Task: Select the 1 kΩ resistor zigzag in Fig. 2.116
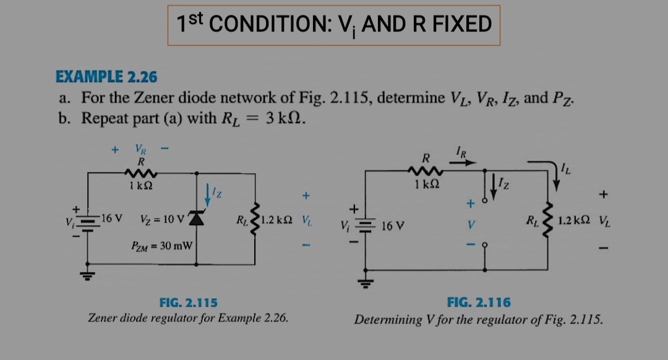[426, 171]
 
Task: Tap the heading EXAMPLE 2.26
[106, 77]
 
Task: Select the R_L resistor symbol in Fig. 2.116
[548, 221]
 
